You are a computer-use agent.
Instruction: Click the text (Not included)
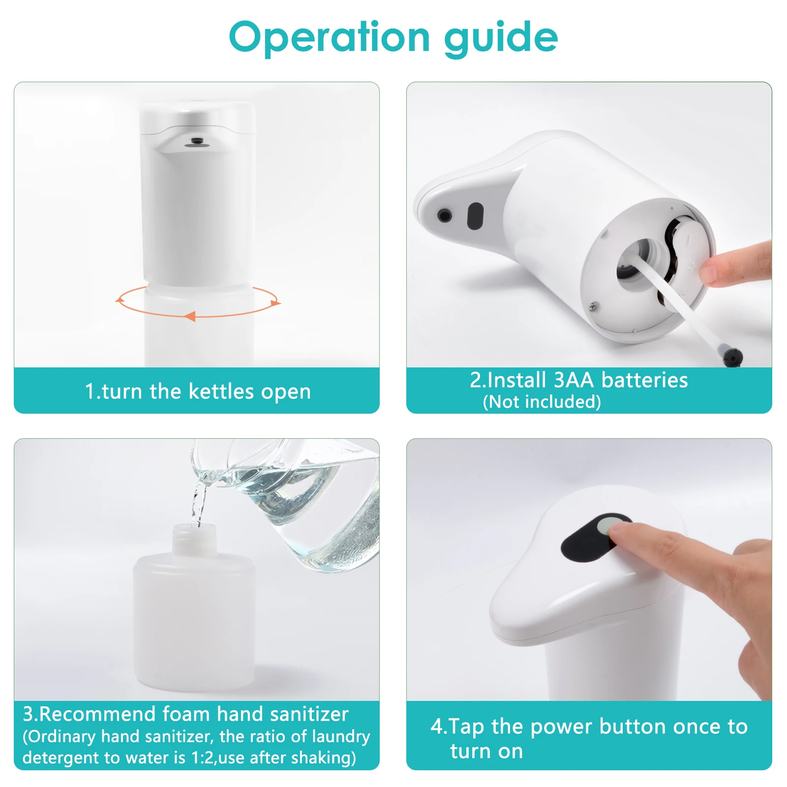click(x=542, y=402)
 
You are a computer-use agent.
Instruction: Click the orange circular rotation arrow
click(x=198, y=316)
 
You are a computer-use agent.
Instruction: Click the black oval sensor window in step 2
click(x=475, y=216)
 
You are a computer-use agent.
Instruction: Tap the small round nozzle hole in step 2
click(x=445, y=215)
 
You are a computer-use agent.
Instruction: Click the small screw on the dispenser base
click(x=594, y=306)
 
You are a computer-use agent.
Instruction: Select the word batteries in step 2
click(x=644, y=380)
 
